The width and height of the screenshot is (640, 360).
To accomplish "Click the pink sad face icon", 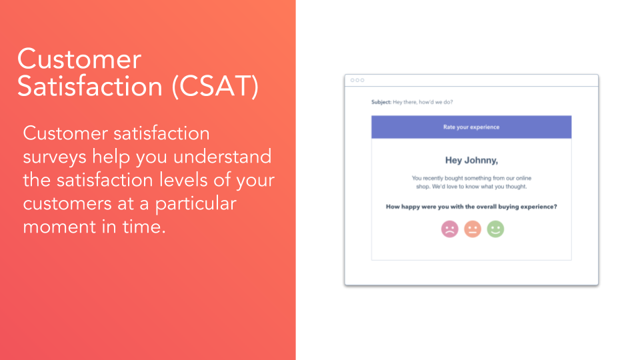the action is [x=450, y=229].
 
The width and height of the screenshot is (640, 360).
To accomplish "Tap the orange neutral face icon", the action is [x=473, y=229].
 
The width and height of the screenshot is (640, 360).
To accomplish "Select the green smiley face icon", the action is [x=495, y=229].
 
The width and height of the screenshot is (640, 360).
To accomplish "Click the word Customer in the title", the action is [x=79, y=59].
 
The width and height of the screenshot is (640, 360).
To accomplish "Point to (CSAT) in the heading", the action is [x=215, y=86].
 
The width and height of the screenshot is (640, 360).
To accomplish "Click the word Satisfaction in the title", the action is [x=90, y=86].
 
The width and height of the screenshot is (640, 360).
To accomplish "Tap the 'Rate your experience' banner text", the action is [x=471, y=127].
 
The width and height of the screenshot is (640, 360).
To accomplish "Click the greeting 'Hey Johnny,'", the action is [x=471, y=161].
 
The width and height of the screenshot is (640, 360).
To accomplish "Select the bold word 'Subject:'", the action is [x=381, y=102].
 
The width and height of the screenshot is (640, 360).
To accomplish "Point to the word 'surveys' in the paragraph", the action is [x=55, y=157].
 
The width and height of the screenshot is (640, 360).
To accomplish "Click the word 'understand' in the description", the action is [x=223, y=156].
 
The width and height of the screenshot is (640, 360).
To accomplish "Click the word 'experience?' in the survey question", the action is [x=539, y=207].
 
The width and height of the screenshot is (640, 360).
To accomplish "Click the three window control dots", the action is [x=357, y=80].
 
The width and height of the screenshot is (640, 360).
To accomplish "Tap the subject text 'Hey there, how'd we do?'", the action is [x=423, y=102].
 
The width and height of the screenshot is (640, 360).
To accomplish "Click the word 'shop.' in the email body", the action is [x=423, y=187].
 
